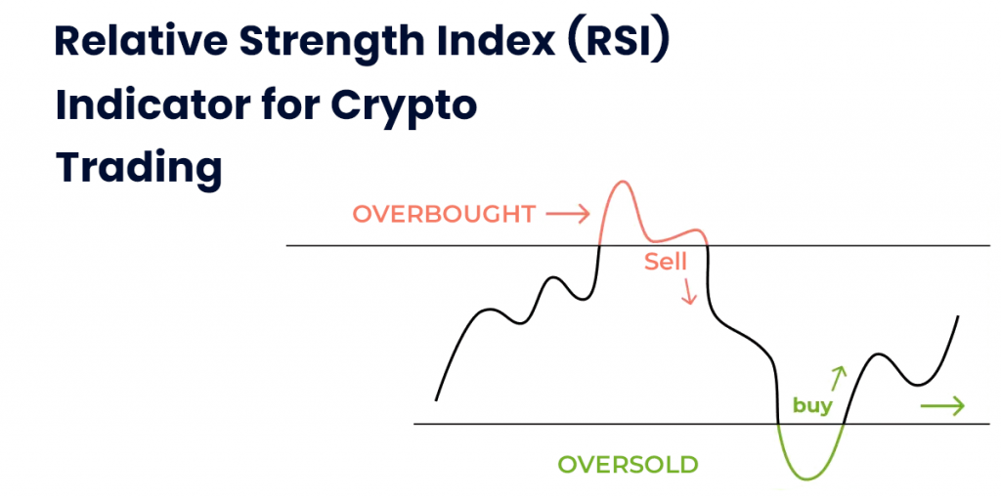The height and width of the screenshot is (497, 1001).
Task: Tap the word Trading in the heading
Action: pos(139,166)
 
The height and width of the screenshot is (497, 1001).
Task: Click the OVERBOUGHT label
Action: pos(444,215)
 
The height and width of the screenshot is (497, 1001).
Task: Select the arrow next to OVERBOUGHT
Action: pos(567,216)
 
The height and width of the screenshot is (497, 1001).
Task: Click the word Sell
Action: pos(665,262)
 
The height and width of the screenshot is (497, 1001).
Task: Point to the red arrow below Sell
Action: pos(688,291)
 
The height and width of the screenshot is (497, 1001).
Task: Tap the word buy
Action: pos(812,406)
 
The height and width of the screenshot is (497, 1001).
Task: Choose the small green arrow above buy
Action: pos(838,378)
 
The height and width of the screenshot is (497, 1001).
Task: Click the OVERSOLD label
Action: pos(628,465)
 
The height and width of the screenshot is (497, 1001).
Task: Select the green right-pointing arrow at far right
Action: pos(942,406)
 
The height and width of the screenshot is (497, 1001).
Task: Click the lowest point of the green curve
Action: pos(808,478)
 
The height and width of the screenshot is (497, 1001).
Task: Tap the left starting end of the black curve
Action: pos(436,400)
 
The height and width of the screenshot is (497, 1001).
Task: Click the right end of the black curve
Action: pos(958,316)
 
